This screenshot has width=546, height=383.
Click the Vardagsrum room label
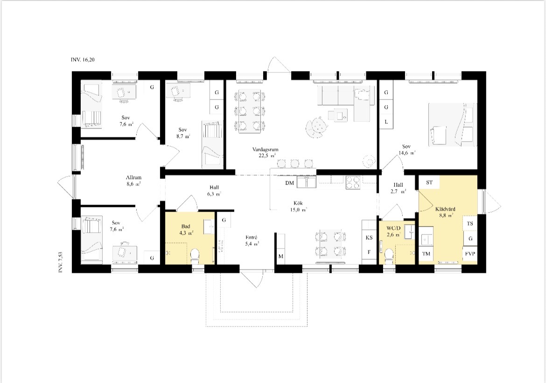tap(266, 149)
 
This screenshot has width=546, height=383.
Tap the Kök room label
tap(298, 203)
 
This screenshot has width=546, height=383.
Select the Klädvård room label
tap(445, 209)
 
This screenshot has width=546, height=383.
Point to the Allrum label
tap(134, 177)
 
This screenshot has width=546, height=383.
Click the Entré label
tap(251, 238)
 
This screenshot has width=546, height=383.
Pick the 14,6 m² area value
tap(406, 153)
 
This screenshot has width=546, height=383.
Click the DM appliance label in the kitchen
tap(289, 183)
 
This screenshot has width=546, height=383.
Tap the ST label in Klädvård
tap(429, 182)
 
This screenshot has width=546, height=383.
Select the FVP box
tap(470, 254)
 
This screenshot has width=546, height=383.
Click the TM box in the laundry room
tap(426, 254)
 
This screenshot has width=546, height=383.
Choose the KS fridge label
tap(369, 238)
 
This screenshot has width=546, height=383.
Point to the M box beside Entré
tap(280, 256)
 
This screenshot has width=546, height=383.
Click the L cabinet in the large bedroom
tap(386, 122)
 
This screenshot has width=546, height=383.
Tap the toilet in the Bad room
tap(195, 255)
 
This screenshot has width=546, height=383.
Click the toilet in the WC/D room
tap(389, 256)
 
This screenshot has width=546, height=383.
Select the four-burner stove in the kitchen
tap(353, 183)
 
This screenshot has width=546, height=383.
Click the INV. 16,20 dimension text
tap(83, 60)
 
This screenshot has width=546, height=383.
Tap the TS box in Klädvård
tap(470, 223)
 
